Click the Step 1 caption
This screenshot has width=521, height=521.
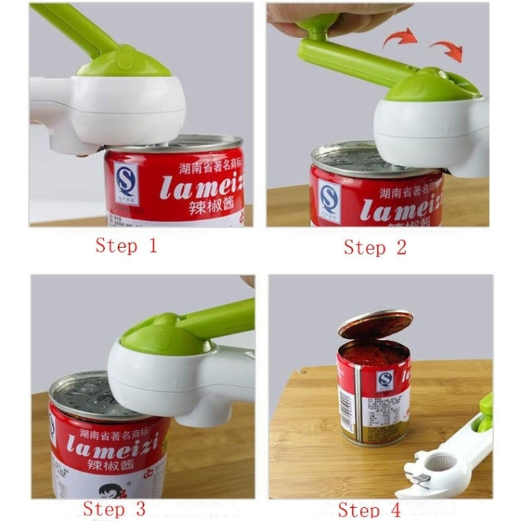click(x=126, y=246)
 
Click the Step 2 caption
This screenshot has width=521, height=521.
click(x=374, y=247)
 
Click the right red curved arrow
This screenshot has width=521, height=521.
click(x=446, y=49)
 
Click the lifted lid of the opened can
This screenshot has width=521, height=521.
click(x=375, y=324)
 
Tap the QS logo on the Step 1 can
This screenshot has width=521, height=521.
click(x=126, y=183)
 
